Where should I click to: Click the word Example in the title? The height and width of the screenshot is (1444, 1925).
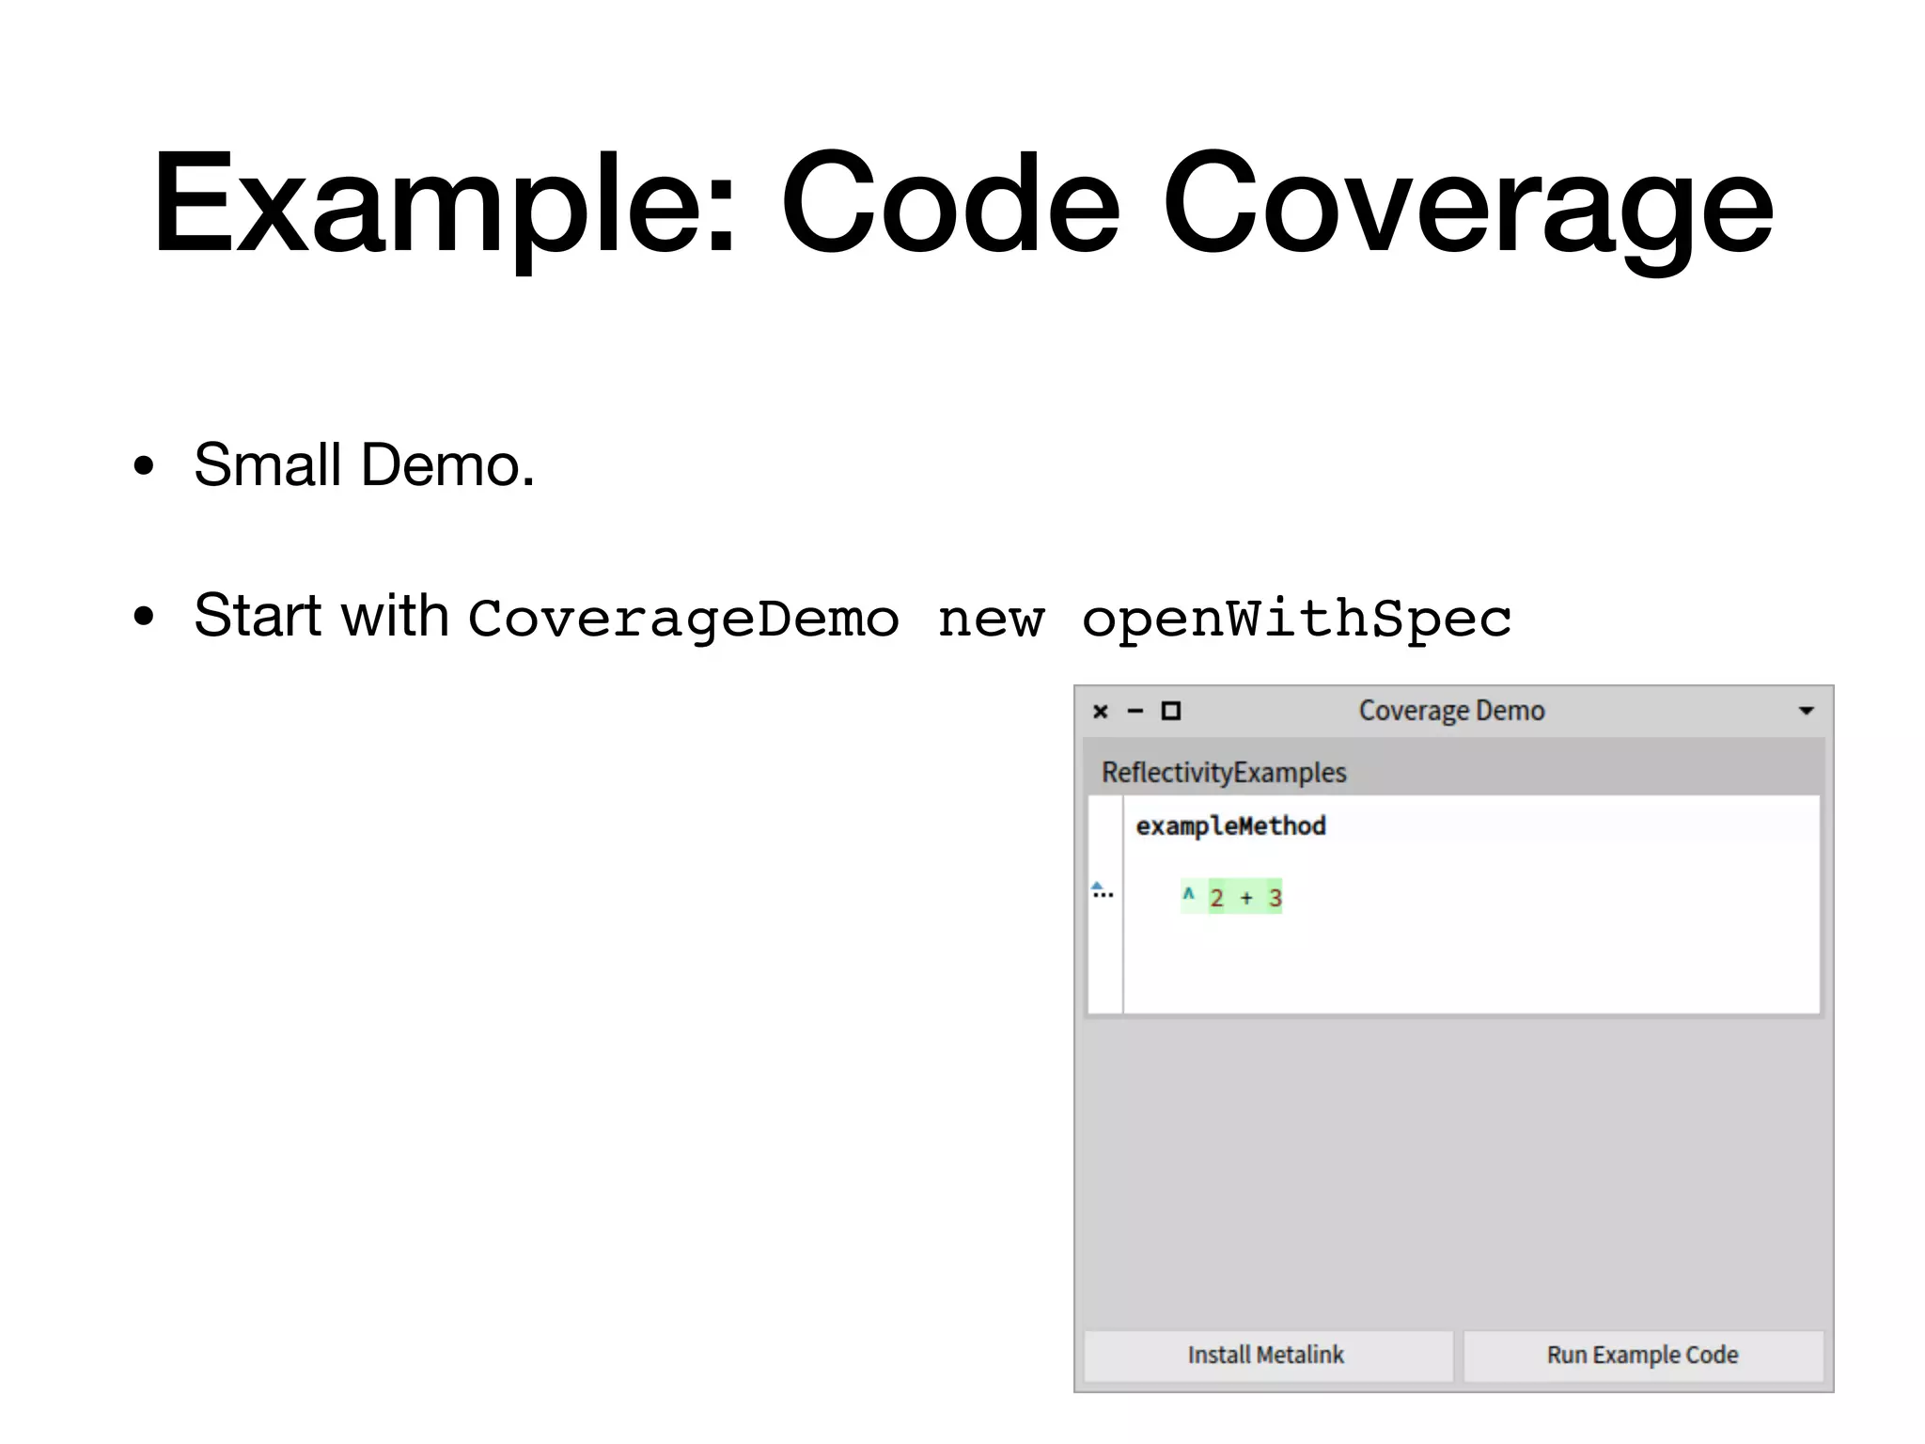442,204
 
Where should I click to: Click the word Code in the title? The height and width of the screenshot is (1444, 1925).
949,204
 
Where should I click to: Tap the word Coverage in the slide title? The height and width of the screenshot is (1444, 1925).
1467,204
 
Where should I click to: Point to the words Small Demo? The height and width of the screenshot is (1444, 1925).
364,464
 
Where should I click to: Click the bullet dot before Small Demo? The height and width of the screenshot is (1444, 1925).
143,465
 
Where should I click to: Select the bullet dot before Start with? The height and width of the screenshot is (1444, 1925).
143,617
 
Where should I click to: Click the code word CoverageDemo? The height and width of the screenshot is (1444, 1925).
683,619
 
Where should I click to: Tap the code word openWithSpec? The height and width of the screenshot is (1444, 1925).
1296,619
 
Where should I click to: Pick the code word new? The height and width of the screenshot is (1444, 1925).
991,619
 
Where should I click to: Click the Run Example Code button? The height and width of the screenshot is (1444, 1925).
1642,1355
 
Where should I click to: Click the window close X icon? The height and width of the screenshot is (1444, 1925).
1101,712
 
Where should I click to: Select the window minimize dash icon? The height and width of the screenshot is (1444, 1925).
1135,712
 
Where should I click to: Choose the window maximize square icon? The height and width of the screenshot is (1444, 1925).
1171,711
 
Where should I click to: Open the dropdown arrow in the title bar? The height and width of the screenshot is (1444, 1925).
1806,711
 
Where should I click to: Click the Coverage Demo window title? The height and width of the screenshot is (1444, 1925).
1451,711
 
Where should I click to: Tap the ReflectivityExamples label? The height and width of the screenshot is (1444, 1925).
1224,773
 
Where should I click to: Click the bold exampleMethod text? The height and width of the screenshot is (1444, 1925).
1230,826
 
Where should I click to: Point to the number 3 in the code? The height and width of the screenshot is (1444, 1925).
1275,898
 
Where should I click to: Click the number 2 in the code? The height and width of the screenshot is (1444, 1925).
1216,898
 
